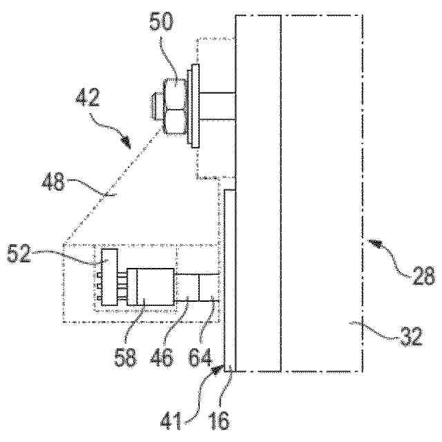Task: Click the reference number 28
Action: tap(423, 278)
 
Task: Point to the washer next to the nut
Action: tap(193, 107)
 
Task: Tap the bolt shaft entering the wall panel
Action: tap(218, 108)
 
